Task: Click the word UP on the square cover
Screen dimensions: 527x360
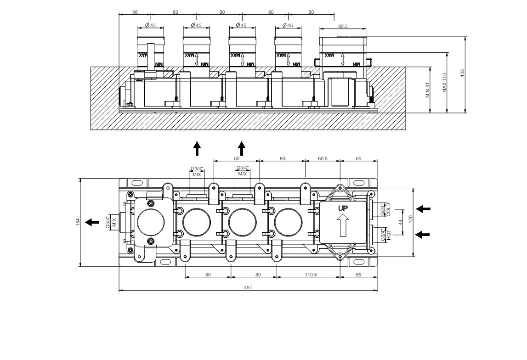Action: (343, 208)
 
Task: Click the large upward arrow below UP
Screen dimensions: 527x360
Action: (343, 225)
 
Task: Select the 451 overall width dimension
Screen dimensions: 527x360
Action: (248, 287)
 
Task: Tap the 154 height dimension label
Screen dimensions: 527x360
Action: (78, 222)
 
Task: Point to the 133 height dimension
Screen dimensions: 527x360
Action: (462, 73)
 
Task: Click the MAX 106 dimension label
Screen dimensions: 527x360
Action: (444, 83)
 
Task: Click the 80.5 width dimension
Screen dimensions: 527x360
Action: (343, 26)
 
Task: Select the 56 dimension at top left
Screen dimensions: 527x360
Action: (135, 12)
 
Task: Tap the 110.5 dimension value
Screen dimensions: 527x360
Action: (311, 275)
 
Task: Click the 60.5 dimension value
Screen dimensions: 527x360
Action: (323, 158)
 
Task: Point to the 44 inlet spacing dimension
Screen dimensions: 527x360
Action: (400, 222)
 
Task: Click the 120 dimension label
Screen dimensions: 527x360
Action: (410, 219)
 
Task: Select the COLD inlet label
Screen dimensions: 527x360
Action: (389, 209)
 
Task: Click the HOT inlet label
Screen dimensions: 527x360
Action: (389, 235)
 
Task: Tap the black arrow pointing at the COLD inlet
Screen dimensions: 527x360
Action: (423, 209)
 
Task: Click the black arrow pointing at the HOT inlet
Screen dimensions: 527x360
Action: (423, 234)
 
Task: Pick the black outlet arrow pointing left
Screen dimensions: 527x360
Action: (92, 222)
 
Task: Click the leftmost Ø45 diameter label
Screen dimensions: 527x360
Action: (150, 25)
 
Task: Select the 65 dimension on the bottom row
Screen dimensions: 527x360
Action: (358, 275)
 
